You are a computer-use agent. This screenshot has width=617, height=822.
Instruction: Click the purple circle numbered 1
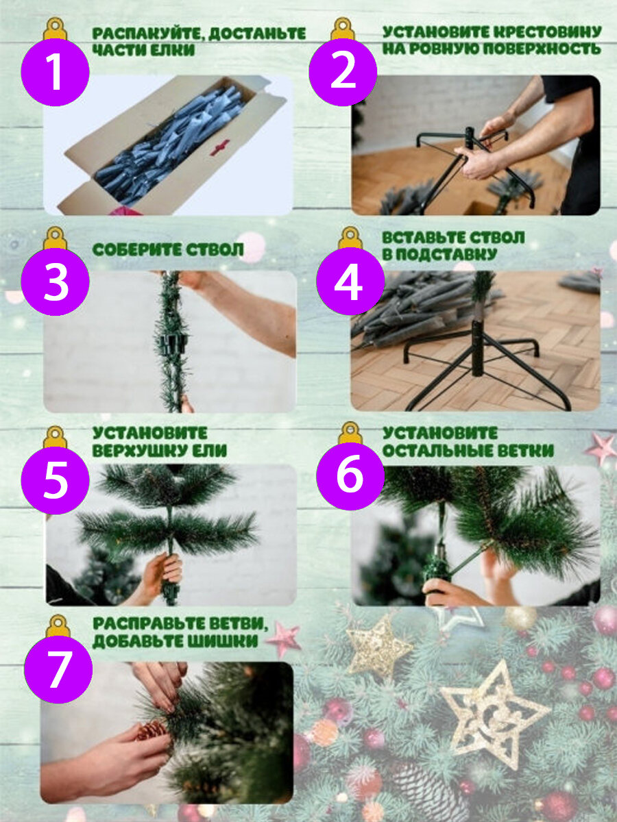click(55, 71)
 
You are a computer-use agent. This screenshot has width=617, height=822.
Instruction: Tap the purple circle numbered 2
click(343, 71)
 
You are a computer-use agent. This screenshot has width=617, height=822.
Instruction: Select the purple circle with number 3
click(55, 281)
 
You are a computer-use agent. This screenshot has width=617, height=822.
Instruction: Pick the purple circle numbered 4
click(350, 281)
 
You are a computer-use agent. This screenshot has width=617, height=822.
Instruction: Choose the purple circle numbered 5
click(55, 480)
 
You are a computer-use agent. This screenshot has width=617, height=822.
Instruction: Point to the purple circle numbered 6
click(350, 475)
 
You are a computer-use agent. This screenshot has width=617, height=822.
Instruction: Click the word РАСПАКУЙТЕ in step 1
click(148, 34)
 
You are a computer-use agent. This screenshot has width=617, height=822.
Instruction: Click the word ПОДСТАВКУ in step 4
click(446, 255)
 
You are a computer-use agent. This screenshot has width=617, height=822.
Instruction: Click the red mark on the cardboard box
click(219, 147)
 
